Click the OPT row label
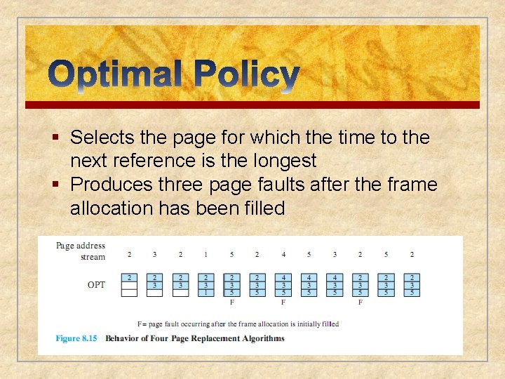[96, 285]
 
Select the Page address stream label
[81, 251]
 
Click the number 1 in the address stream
[206, 254]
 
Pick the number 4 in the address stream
[283, 254]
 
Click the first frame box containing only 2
[129, 285]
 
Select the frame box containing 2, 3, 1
[206, 285]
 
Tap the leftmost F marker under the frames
[232, 302]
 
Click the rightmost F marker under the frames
[361, 302]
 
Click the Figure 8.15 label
[77, 338]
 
